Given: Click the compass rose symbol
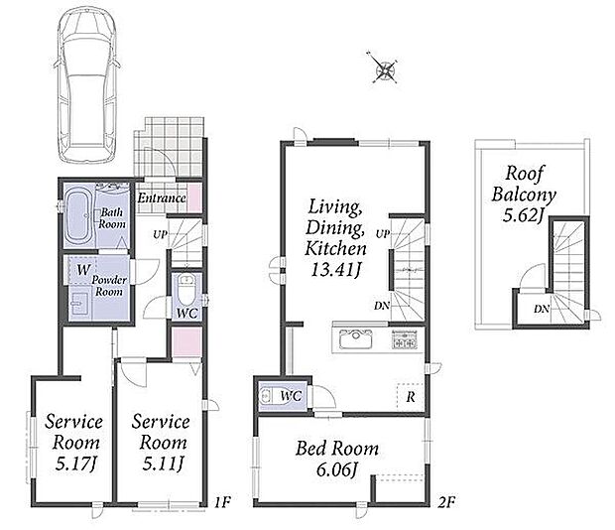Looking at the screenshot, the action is click(x=385, y=70).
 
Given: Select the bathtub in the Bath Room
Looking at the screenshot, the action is click(x=78, y=215).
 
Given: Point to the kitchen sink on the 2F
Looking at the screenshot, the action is click(x=355, y=338).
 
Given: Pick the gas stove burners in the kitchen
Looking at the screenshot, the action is click(x=404, y=339).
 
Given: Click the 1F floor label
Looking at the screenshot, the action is click(x=222, y=502).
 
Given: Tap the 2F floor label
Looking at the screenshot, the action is click(x=446, y=502).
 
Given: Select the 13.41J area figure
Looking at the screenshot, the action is click(x=335, y=270).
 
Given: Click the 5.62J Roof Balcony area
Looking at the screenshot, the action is click(x=524, y=214).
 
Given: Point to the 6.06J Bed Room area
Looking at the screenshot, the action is click(x=337, y=469).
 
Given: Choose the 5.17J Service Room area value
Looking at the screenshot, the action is click(x=75, y=464).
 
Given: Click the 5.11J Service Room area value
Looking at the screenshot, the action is click(x=163, y=464).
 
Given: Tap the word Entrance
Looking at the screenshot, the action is click(x=162, y=198).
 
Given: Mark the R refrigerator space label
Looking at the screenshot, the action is click(x=411, y=397).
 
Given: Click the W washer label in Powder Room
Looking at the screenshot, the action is click(x=83, y=270).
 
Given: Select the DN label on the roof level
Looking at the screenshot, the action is click(x=542, y=309).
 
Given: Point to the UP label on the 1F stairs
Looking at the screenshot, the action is click(x=160, y=235).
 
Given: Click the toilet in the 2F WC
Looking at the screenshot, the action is click(x=268, y=396).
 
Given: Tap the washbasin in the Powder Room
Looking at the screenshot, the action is click(x=80, y=304).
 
